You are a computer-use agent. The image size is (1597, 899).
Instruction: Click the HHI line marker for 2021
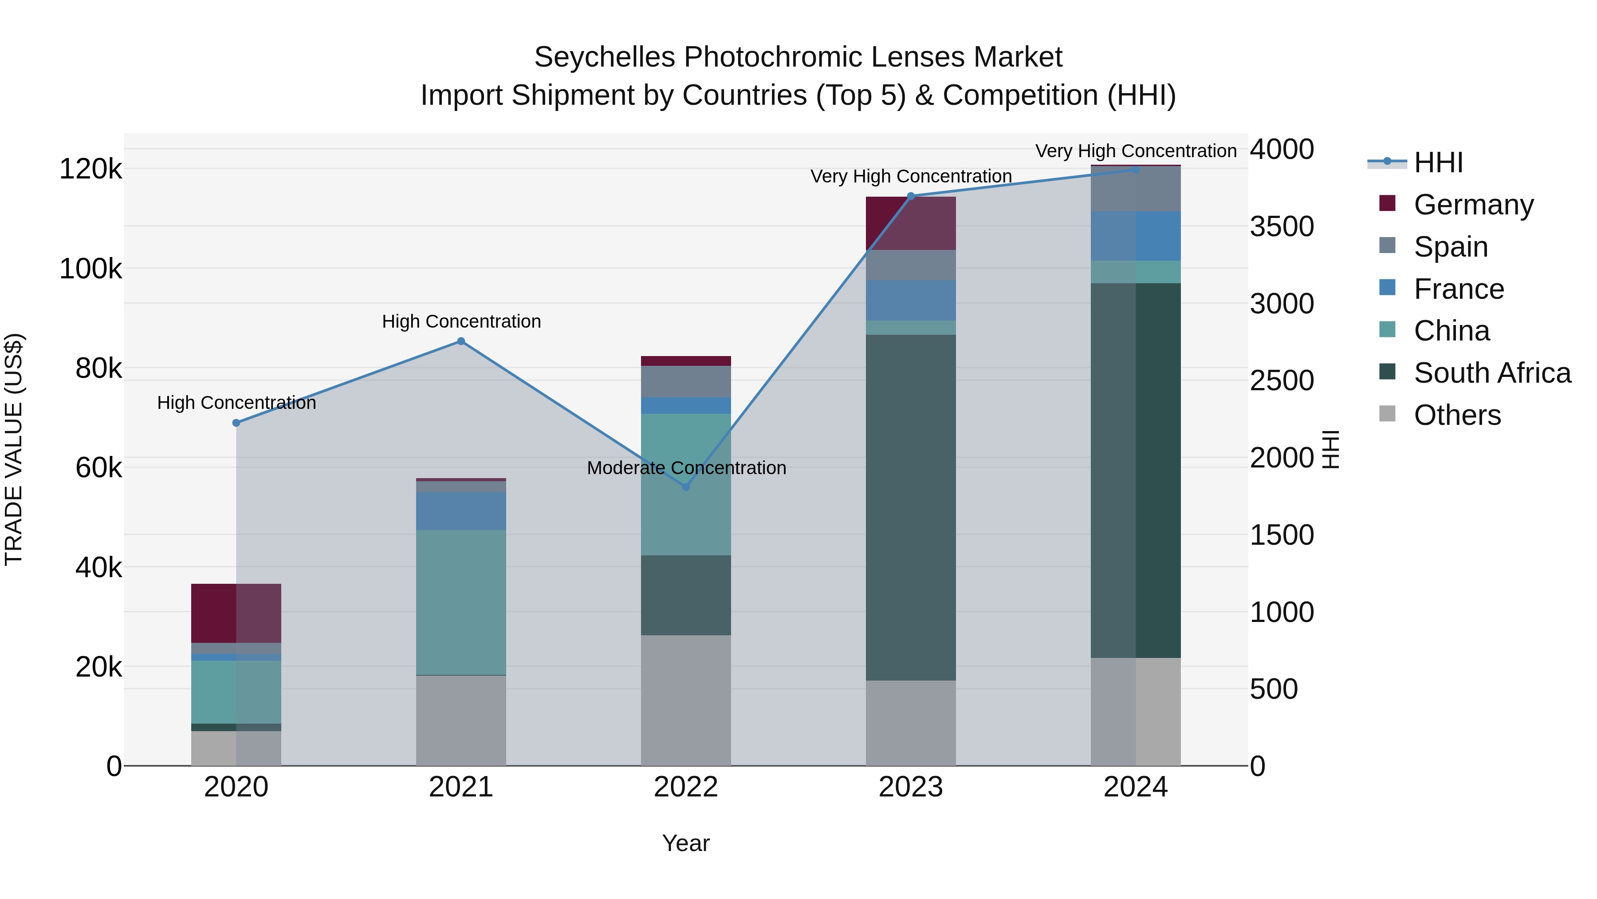coord(460,341)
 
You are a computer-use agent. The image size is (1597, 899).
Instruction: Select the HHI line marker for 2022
coord(686,487)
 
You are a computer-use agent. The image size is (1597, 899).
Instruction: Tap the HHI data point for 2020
coord(236,423)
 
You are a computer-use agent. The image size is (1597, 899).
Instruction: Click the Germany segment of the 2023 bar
coord(910,223)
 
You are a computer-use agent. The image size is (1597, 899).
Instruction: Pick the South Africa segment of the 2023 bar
coord(910,507)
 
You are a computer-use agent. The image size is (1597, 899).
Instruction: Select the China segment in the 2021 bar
coord(460,602)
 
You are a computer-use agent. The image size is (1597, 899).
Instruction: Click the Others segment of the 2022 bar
coord(686,700)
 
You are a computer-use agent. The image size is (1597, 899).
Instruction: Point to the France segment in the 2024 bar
coord(1135,236)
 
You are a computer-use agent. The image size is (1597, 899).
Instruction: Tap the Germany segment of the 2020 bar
coord(236,613)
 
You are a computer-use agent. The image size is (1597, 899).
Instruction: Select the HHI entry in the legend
coord(1438,162)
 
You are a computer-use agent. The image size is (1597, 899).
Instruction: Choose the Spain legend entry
coord(1451,247)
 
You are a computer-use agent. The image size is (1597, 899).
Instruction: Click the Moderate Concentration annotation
coord(686,468)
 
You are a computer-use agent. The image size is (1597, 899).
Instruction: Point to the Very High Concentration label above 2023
coord(911,176)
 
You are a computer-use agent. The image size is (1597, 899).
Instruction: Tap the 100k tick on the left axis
coord(90,269)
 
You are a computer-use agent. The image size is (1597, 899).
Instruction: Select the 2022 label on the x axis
coord(686,787)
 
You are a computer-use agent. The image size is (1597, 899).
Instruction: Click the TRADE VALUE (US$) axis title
coord(14,449)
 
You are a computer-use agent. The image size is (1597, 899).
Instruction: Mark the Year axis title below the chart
coord(686,843)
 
